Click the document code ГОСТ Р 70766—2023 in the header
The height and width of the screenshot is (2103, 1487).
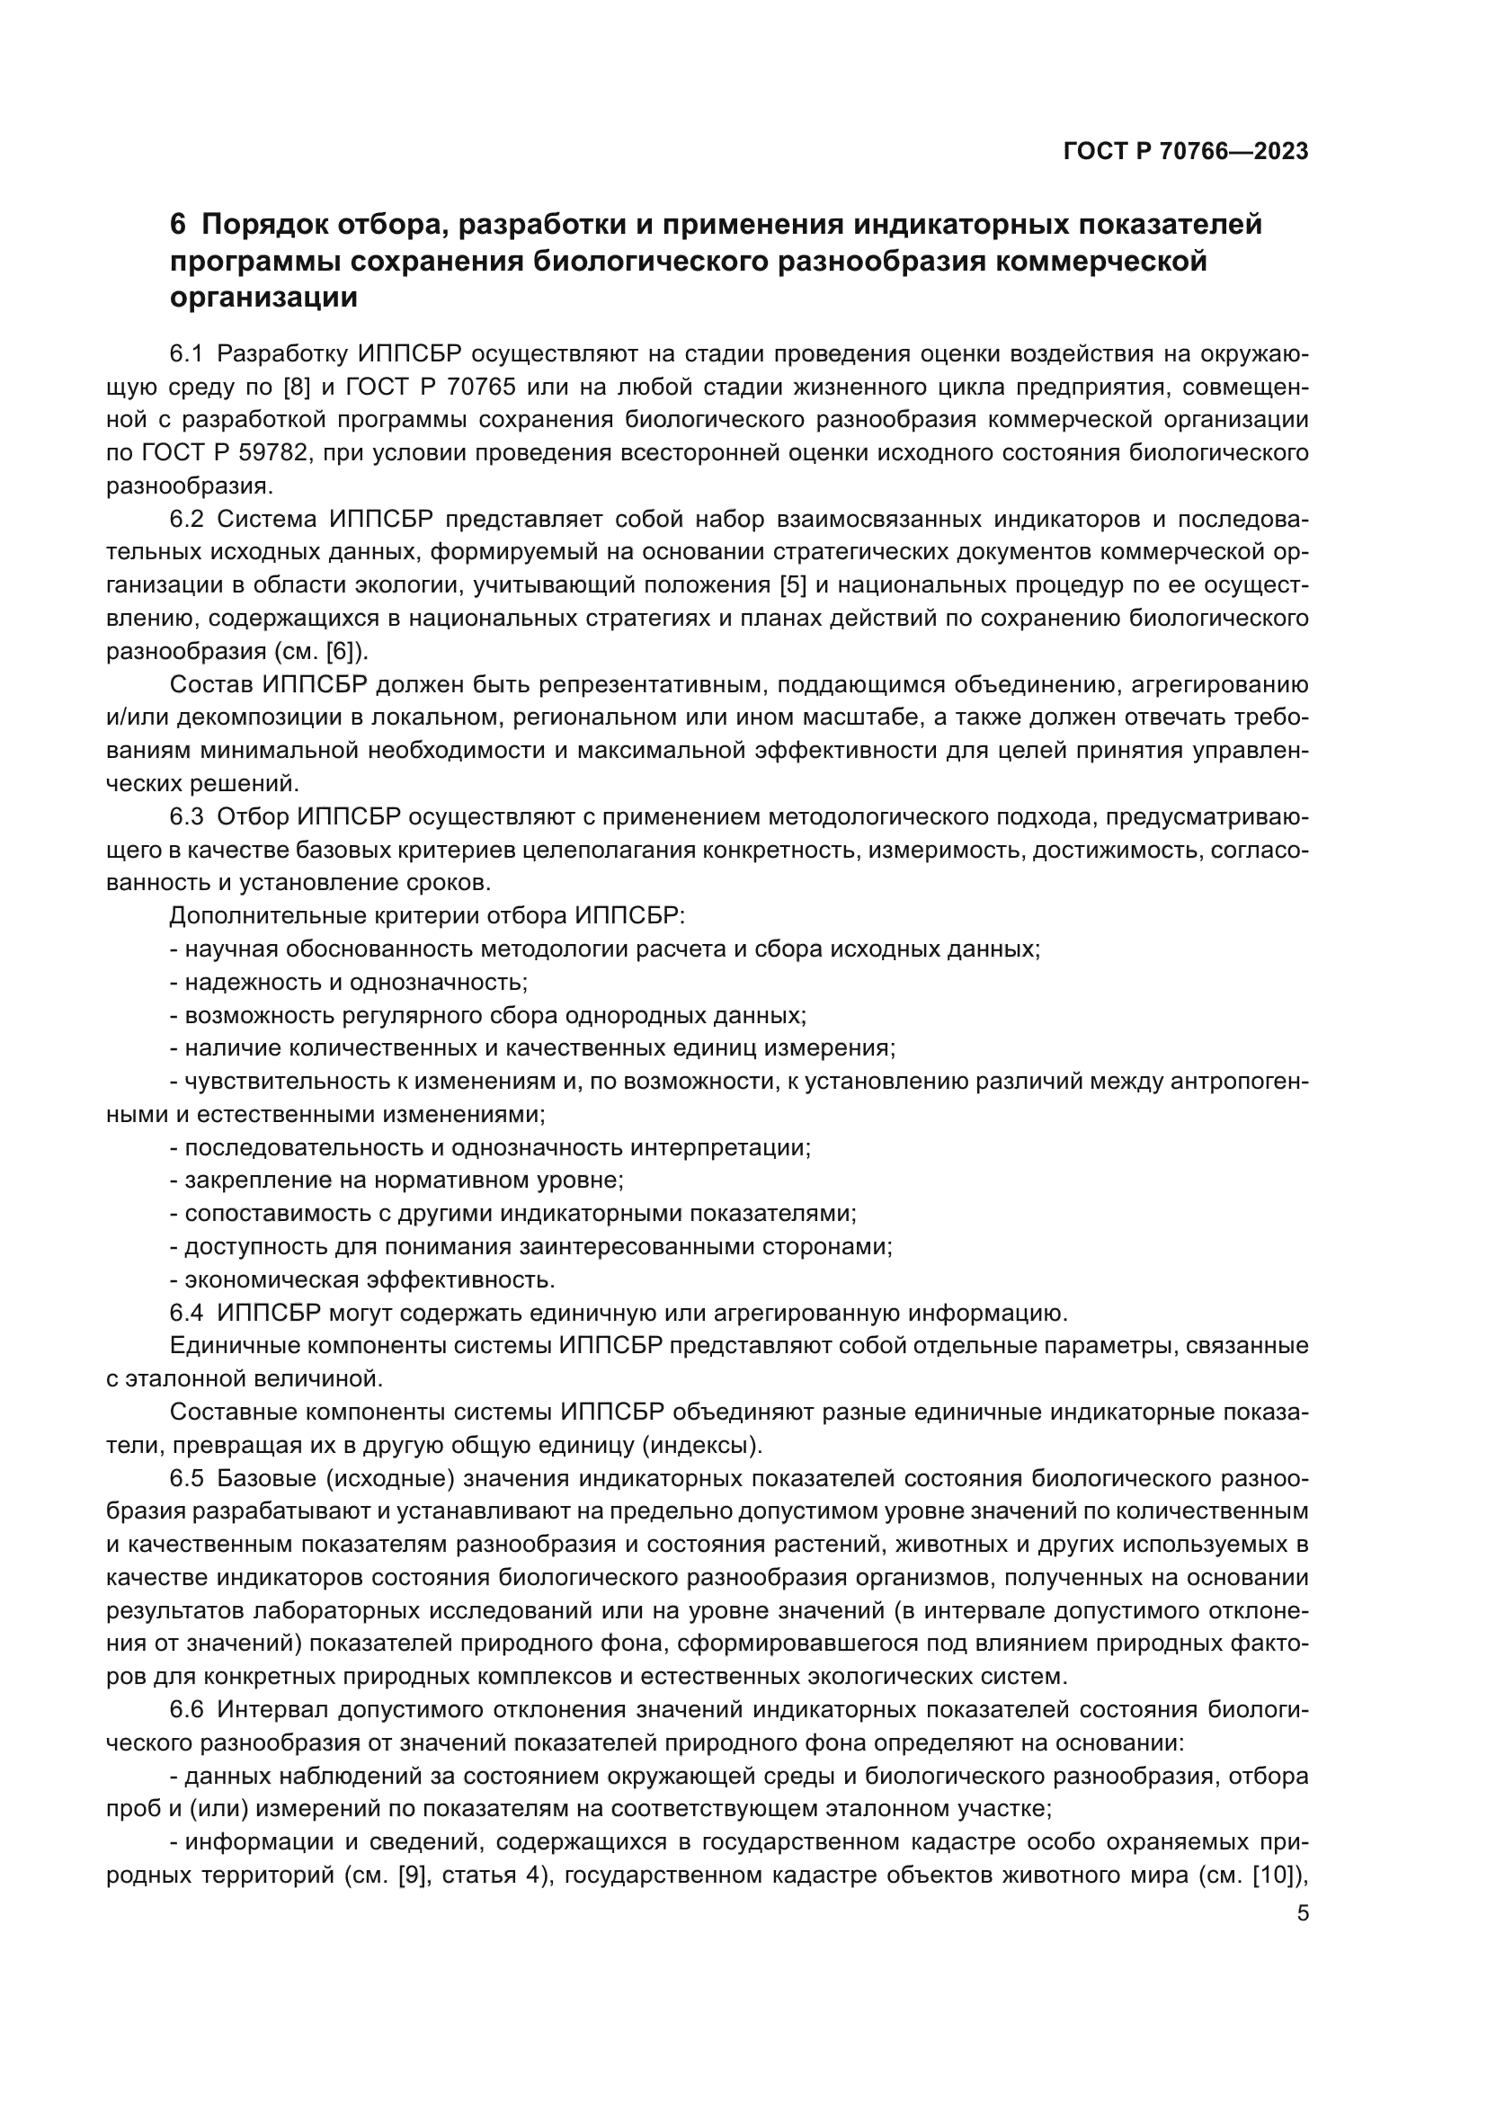coord(1185,152)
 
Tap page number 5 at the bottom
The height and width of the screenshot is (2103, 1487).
coord(1303,1913)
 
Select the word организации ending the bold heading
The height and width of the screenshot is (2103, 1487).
coord(263,298)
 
